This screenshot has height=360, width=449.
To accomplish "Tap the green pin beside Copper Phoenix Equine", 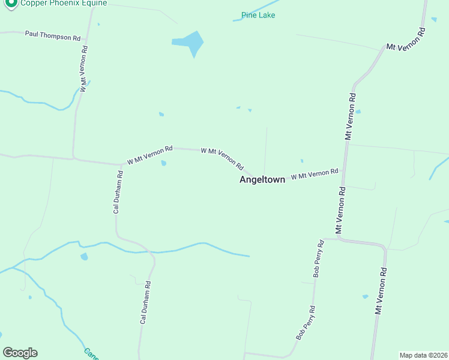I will click(x=10, y=3).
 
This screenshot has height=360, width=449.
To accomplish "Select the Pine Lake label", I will click(x=258, y=15).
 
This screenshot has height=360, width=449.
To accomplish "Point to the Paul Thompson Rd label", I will click(x=53, y=35).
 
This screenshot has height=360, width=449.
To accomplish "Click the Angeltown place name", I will click(x=262, y=179).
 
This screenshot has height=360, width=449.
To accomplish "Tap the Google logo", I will click(x=20, y=353).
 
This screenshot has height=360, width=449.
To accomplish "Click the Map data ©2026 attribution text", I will click(x=423, y=355).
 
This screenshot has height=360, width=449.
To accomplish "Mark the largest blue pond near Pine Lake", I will click(x=190, y=43).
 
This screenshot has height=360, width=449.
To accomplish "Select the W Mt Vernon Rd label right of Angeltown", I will click(x=315, y=174).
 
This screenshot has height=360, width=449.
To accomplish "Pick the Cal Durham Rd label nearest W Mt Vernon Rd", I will click(x=118, y=192).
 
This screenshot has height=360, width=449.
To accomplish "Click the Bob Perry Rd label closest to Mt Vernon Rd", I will click(x=319, y=259).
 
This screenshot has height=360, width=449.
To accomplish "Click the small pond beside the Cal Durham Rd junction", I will click(x=164, y=163).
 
